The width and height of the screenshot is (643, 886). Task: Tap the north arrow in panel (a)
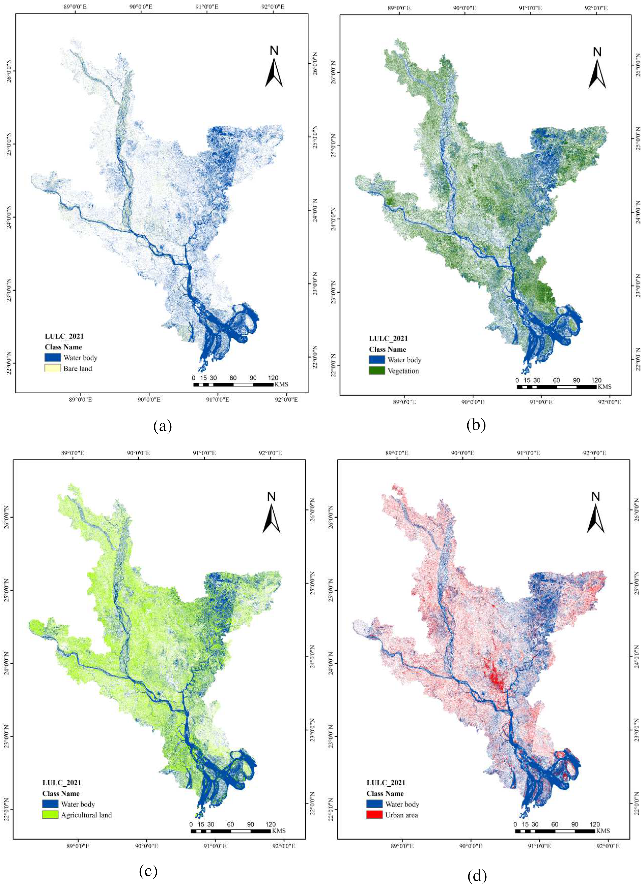(x=274, y=72)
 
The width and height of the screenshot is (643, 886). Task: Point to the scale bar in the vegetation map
(x=556, y=387)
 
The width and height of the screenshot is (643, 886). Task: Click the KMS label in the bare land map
(x=281, y=384)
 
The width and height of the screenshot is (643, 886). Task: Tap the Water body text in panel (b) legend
(x=404, y=360)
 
